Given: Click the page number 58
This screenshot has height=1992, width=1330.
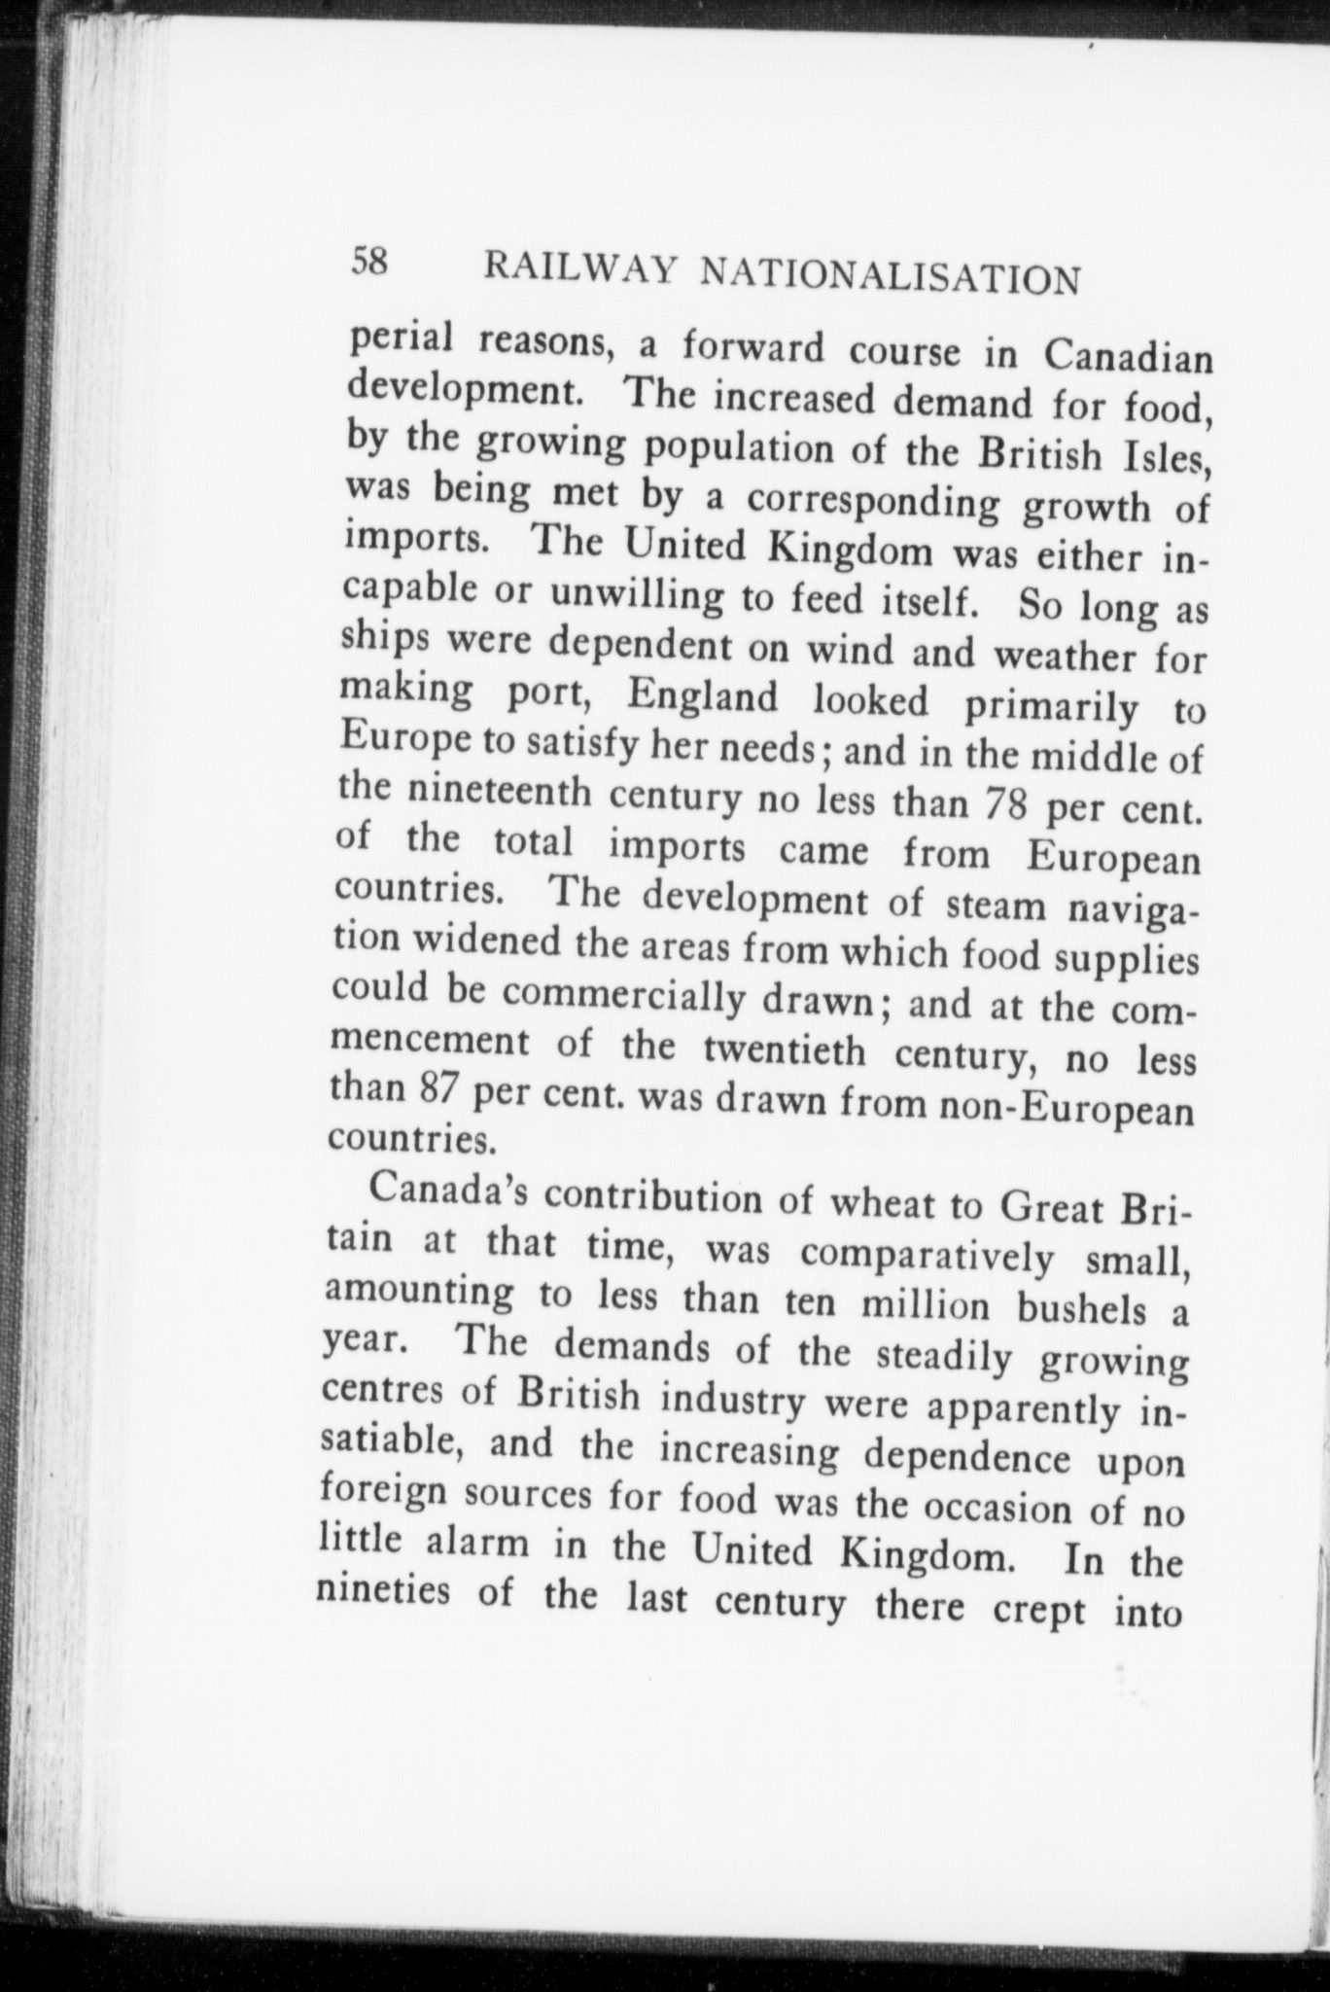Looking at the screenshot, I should point(369,262).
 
